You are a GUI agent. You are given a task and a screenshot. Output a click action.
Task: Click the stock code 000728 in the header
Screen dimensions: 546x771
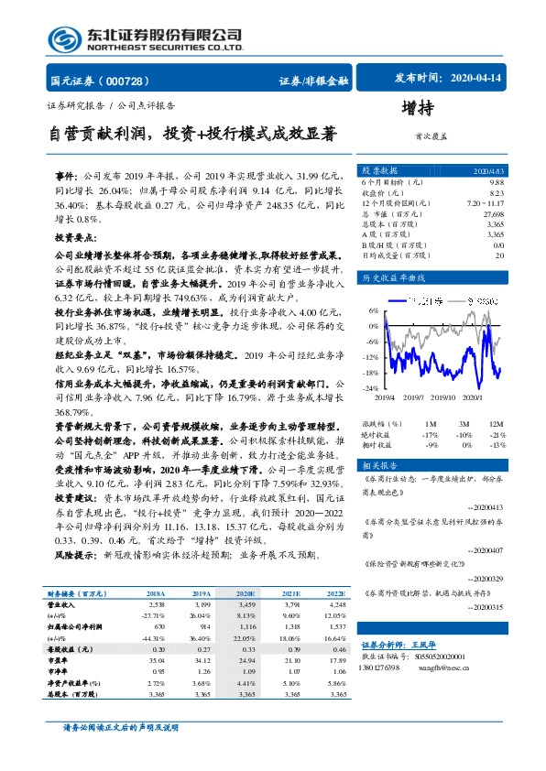tap(136, 81)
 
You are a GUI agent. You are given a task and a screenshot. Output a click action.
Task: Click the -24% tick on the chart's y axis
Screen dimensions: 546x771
tap(370, 387)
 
